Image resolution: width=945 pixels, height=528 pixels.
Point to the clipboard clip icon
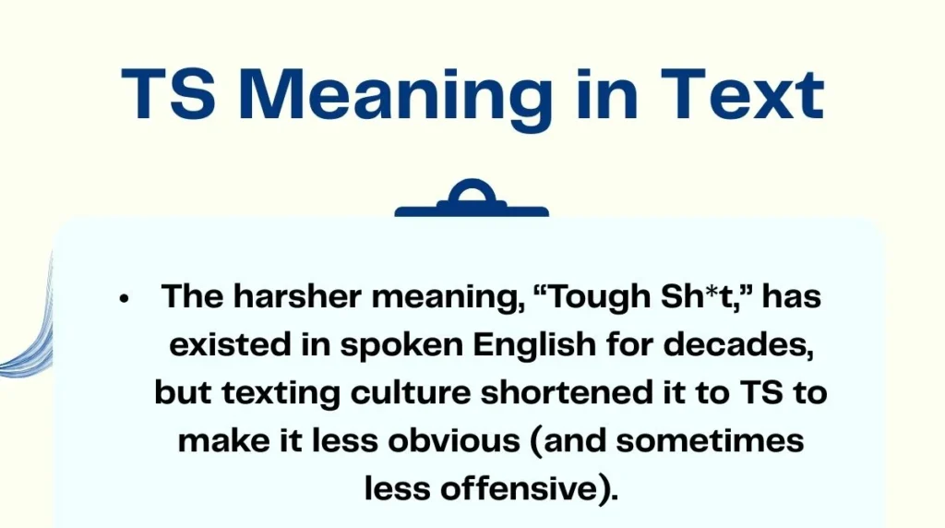[472, 202]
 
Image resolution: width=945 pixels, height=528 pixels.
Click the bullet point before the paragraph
[123, 298]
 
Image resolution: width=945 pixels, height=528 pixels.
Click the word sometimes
[710, 441]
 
